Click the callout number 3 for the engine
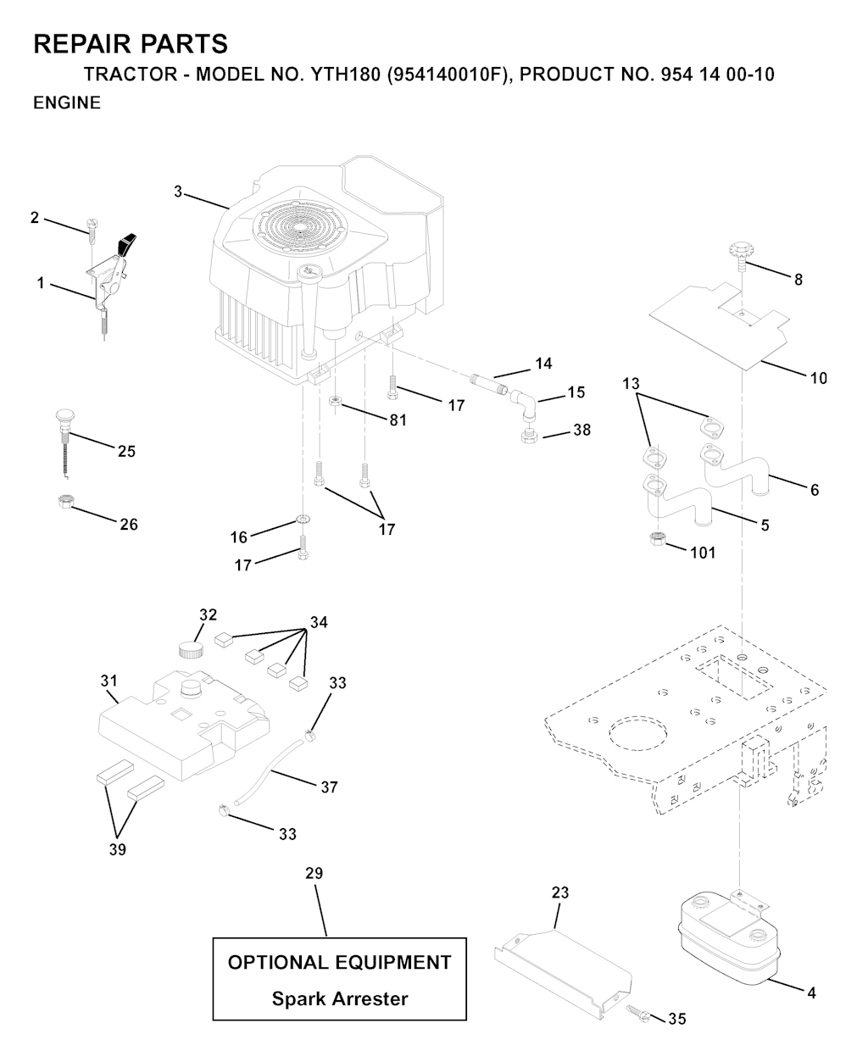[178, 192]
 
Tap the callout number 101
[703, 553]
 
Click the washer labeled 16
[302, 519]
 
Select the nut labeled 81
[337, 399]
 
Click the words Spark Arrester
[339, 998]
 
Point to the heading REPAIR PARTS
[130, 44]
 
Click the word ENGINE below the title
[67, 103]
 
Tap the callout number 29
[314, 874]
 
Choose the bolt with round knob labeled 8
[741, 253]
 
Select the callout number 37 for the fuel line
[329, 787]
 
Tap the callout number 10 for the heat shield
[818, 378]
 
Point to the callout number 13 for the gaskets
[631, 384]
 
